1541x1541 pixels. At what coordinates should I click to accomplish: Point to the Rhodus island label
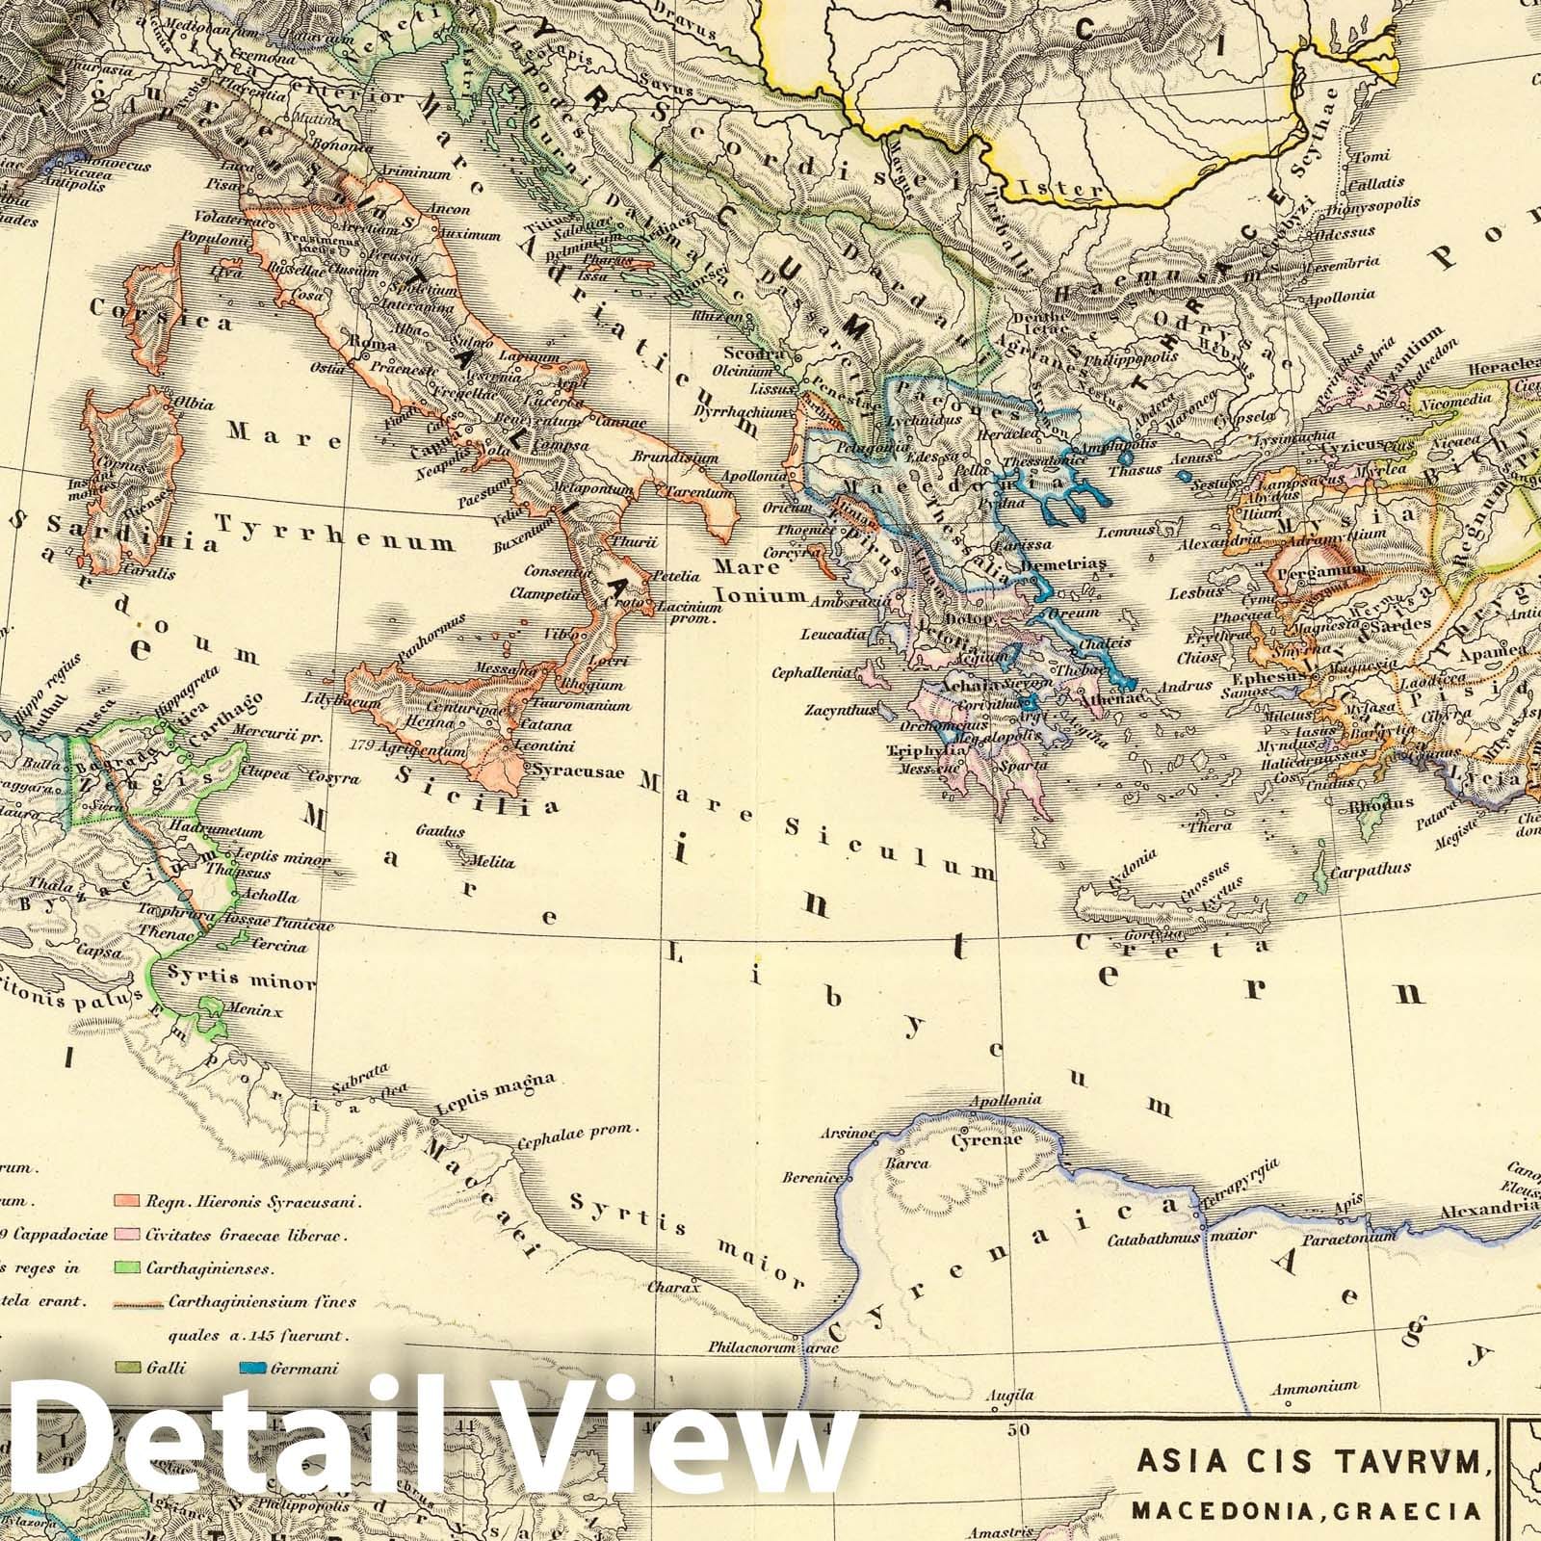1380,802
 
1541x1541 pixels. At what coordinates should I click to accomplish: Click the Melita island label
492,862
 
